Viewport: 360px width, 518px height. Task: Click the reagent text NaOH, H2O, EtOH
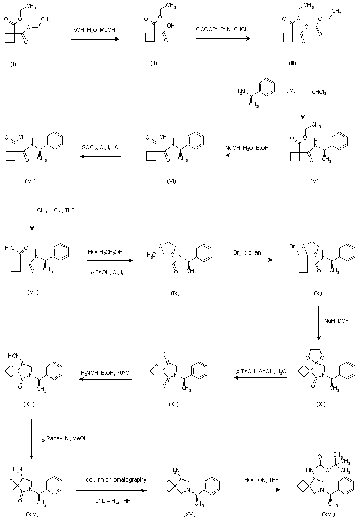tap(248, 148)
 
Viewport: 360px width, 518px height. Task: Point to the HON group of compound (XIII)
tap(14, 356)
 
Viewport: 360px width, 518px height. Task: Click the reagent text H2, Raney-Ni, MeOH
tap(62, 438)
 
